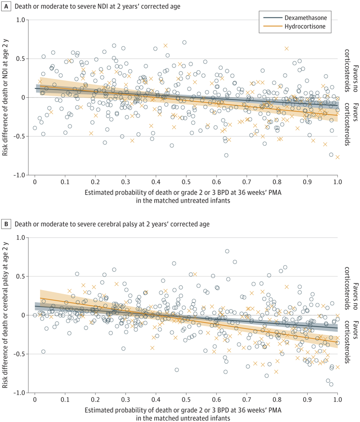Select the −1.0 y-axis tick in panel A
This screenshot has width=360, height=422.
tap(18, 175)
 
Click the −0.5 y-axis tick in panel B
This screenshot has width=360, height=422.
tap(18, 354)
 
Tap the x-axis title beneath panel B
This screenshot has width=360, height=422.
tap(186, 413)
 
